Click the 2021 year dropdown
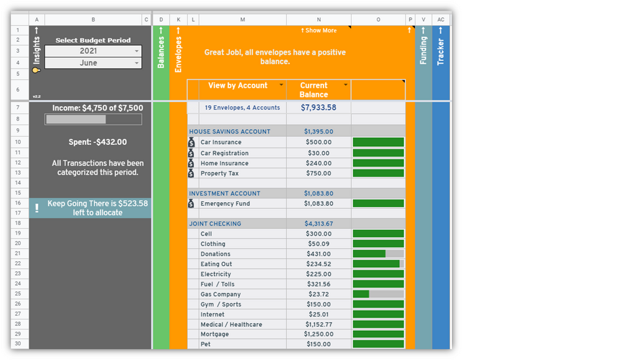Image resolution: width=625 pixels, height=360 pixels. pyautogui.click(x=93, y=51)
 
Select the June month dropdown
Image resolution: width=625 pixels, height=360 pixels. pyautogui.click(x=93, y=63)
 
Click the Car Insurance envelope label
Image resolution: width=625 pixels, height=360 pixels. pyautogui.click(x=221, y=142)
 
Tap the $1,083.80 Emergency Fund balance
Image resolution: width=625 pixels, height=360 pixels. pyautogui.click(x=318, y=203)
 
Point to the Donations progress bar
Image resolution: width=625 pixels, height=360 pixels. pyautogui.click(x=378, y=254)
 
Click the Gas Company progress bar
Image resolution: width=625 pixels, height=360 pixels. pyautogui.click(x=378, y=294)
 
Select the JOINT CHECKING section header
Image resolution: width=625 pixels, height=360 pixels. pyautogui.click(x=215, y=224)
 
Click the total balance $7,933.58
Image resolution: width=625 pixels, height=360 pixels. pyautogui.click(x=318, y=108)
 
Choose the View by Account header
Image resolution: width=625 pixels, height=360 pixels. pyautogui.click(x=238, y=86)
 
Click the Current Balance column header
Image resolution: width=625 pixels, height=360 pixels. pyautogui.click(x=313, y=90)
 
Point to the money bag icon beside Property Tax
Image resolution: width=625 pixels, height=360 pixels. pyautogui.click(x=192, y=173)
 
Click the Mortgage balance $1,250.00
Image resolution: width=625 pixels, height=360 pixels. pyautogui.click(x=318, y=335)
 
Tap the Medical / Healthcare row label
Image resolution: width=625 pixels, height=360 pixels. pyautogui.click(x=231, y=325)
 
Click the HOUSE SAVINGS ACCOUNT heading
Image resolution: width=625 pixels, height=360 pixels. pyautogui.click(x=229, y=132)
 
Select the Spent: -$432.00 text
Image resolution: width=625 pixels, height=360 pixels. pyautogui.click(x=98, y=142)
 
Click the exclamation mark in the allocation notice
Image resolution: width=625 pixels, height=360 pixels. pyautogui.click(x=37, y=208)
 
